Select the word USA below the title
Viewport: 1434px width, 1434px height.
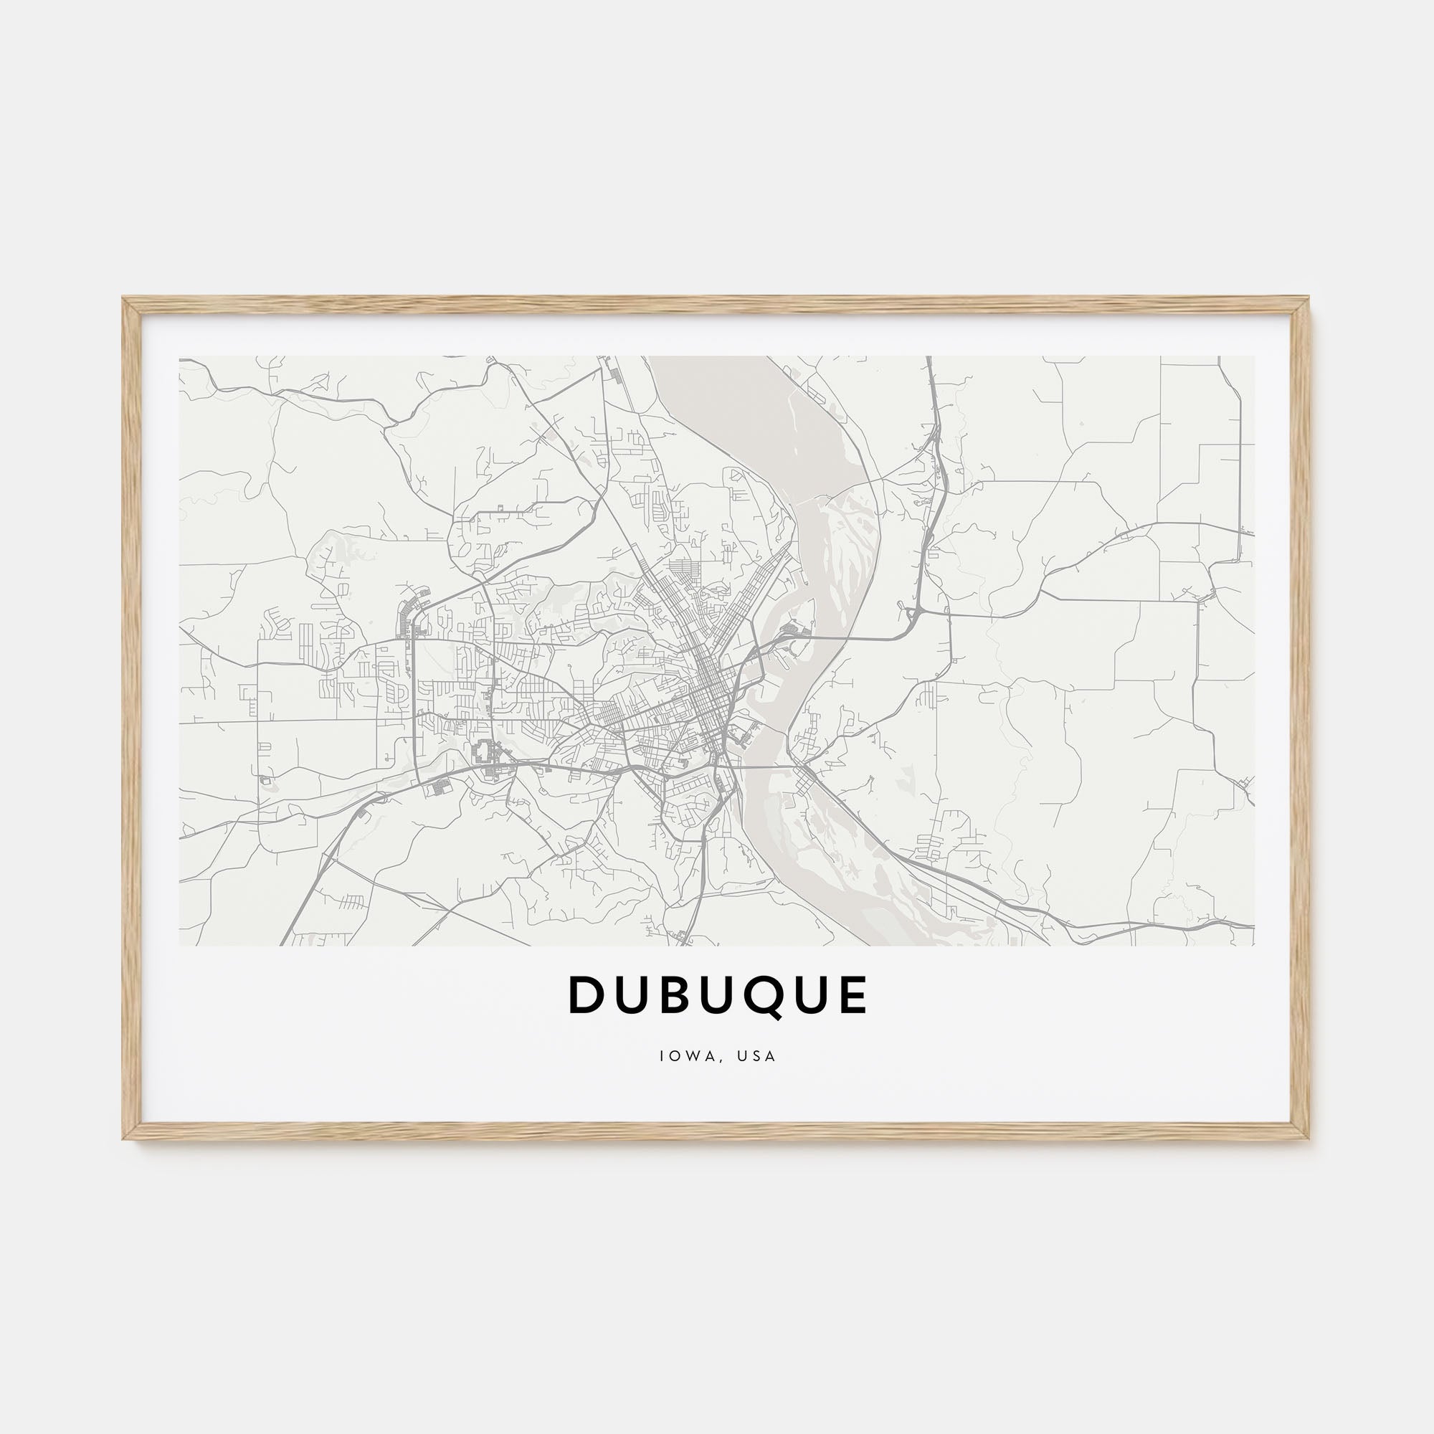(x=756, y=1055)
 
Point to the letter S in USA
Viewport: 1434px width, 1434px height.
(x=756, y=1055)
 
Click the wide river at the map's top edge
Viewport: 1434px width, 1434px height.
(x=713, y=371)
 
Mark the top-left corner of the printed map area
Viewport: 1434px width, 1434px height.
(x=180, y=356)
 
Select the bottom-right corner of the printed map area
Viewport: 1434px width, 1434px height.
(x=1254, y=945)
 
